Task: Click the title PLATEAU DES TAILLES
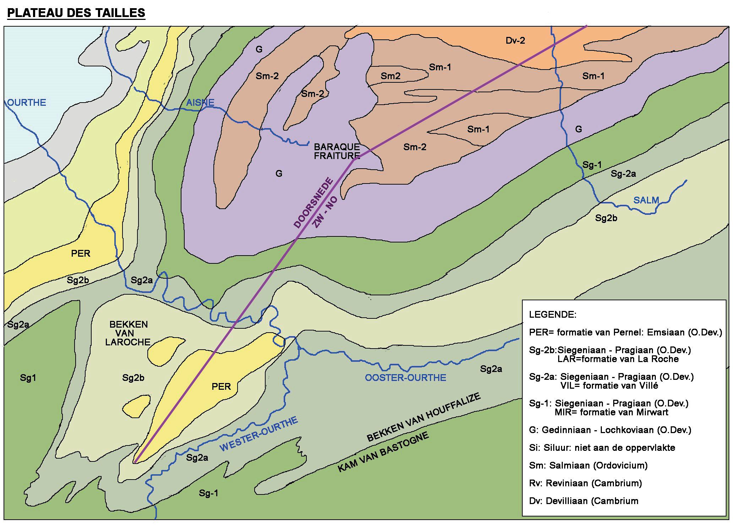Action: point(76,13)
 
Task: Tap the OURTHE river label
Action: point(27,103)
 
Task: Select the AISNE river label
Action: point(200,103)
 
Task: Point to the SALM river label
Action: point(646,200)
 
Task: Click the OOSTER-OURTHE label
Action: point(405,377)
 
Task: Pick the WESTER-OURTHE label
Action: point(259,434)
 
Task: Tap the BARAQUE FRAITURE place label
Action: point(337,151)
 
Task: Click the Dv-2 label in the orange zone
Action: point(515,41)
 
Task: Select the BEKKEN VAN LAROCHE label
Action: point(128,333)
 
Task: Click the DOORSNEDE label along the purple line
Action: point(314,203)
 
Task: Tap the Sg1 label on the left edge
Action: point(28,378)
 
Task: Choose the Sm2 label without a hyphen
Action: point(391,76)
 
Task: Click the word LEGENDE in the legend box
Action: point(552,315)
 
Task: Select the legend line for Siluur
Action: point(602,448)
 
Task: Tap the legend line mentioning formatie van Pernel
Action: point(625,332)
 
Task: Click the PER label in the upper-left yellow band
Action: point(81,253)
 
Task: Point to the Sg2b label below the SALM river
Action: point(606,218)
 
